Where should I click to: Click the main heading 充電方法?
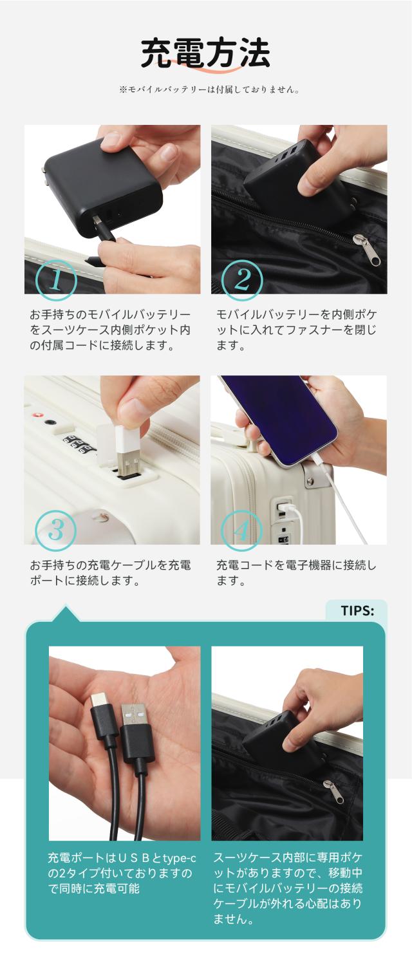point(205,53)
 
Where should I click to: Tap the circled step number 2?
point(242,281)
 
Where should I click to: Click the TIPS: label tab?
point(356,611)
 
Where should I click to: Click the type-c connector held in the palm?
point(102,711)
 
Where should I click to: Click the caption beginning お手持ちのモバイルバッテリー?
point(110,330)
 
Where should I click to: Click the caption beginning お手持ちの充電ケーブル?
point(110,573)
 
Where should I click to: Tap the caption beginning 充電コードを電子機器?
point(296,573)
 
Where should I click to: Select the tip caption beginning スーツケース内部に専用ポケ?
point(288,888)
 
